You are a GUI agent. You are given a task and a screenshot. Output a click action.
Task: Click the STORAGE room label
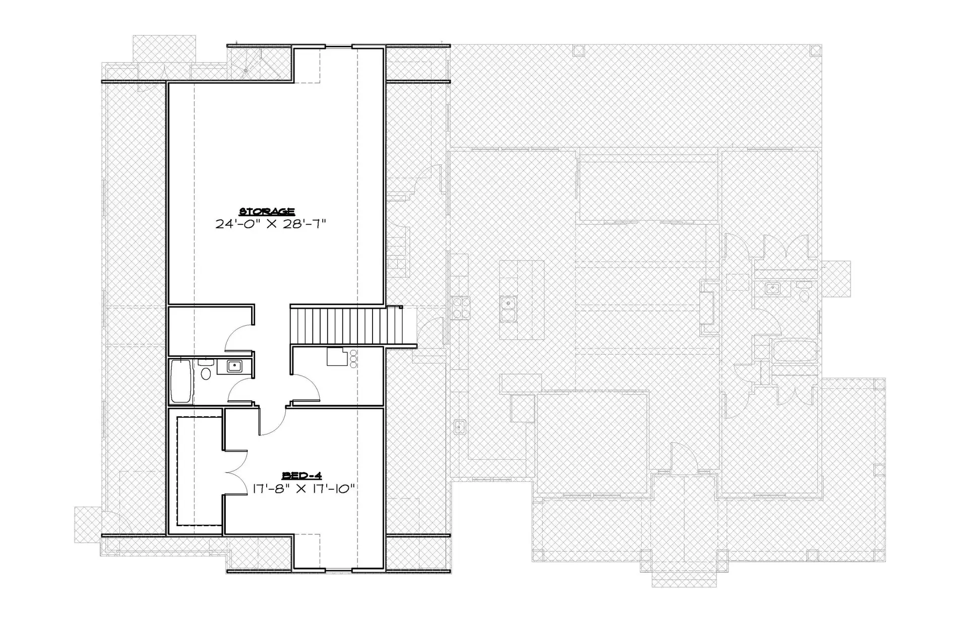tap(267, 211)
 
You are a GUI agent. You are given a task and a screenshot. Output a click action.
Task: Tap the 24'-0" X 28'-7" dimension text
tap(271, 224)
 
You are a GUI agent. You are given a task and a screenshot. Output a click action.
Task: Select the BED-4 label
tap(301, 475)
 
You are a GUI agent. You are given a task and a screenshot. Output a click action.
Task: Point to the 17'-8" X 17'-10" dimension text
tap(305, 488)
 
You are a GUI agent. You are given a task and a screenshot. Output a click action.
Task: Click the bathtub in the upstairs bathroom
tap(181, 381)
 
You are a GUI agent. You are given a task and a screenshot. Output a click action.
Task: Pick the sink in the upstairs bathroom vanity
tap(233, 366)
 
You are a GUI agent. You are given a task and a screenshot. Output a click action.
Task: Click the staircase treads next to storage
tap(347, 326)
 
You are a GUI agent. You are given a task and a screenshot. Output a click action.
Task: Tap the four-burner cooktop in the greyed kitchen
tap(461, 308)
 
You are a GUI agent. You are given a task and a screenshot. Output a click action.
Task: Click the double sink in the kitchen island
tap(508, 309)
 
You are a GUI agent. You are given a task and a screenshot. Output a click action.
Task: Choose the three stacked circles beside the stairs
tap(353, 358)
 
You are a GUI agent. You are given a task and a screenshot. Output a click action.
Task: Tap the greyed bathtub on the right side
tap(794, 351)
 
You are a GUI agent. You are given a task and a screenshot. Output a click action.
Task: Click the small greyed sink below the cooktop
tap(459, 426)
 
